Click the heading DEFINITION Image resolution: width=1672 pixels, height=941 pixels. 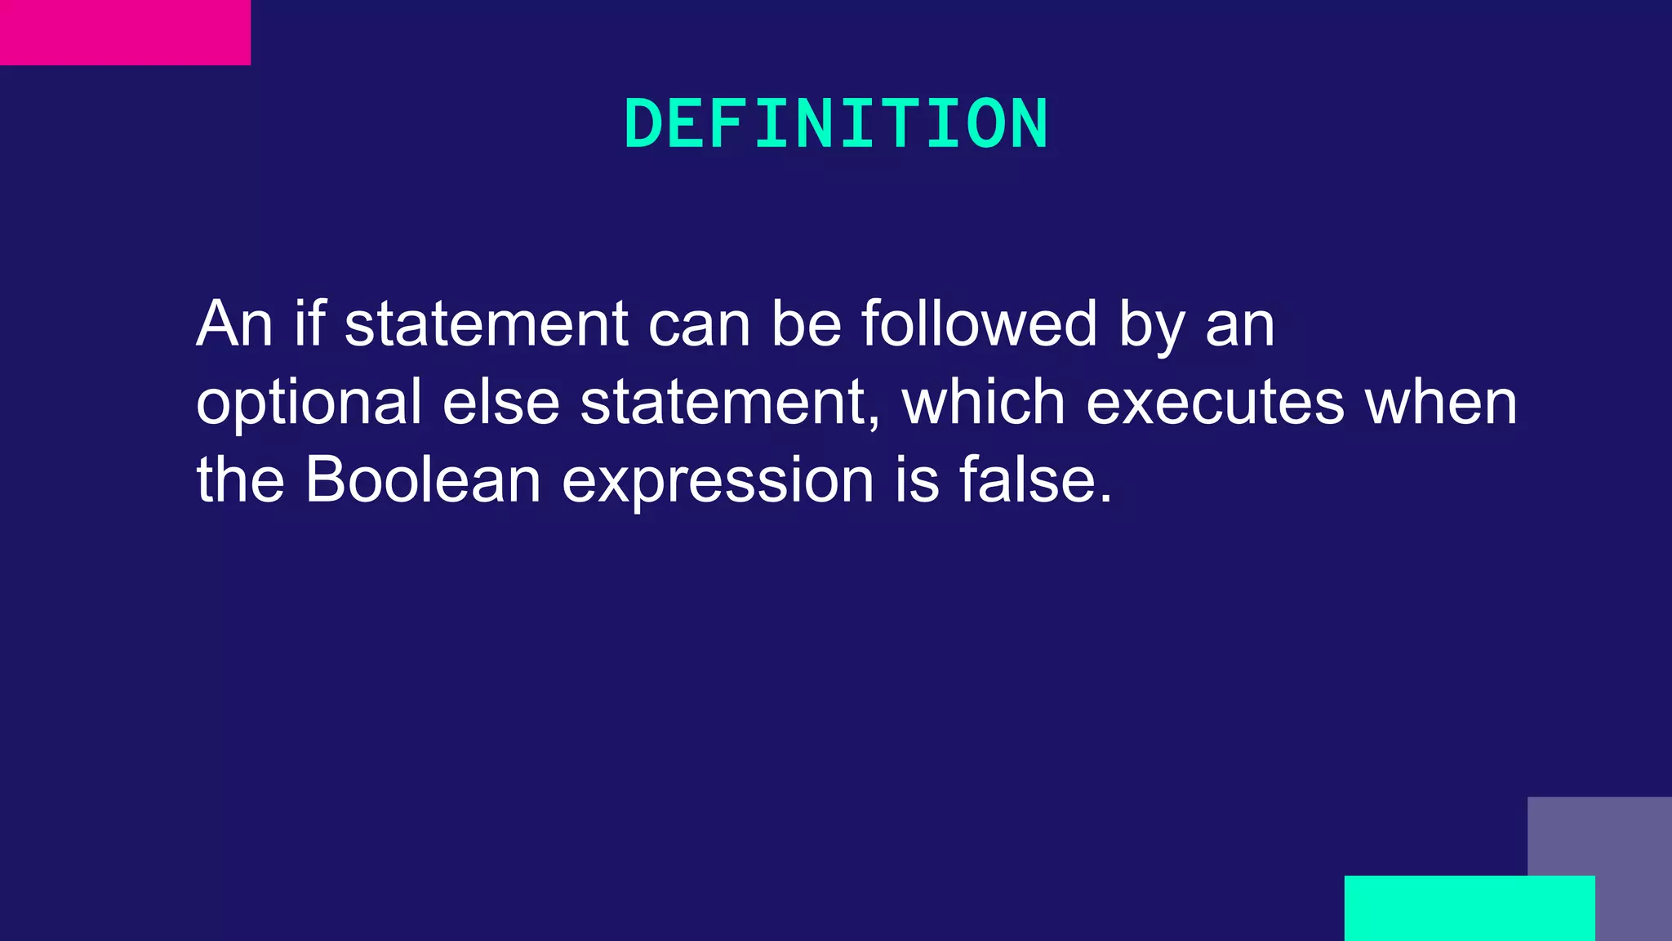836,124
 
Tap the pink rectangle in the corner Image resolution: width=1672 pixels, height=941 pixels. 125,33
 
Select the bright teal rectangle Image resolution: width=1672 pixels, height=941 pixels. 1469,908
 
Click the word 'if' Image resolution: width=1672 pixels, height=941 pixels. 309,323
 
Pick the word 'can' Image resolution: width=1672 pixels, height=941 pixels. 699,325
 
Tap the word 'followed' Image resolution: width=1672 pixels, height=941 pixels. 979,323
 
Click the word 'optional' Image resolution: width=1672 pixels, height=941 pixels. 309,403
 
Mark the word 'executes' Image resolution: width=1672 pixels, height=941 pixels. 1215,403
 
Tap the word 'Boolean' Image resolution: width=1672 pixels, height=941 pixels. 423,479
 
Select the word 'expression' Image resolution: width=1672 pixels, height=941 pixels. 718,481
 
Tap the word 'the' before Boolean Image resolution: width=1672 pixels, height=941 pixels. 240,479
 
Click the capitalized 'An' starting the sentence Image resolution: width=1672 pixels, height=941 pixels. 233,323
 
